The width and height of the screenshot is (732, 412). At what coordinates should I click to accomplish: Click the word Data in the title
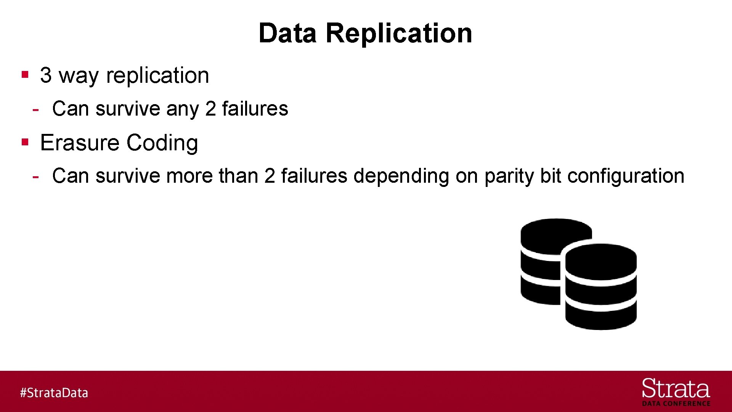pyautogui.click(x=287, y=33)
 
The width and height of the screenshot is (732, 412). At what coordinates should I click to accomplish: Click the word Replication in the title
pyautogui.click(x=399, y=33)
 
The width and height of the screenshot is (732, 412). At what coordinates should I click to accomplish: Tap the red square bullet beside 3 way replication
pyautogui.click(x=25, y=74)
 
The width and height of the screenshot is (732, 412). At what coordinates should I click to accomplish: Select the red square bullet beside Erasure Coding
pyautogui.click(x=25, y=142)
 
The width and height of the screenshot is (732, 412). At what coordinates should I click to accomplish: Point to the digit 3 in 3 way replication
pyautogui.click(x=46, y=75)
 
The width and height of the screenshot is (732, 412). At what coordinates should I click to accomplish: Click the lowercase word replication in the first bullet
pyautogui.click(x=157, y=75)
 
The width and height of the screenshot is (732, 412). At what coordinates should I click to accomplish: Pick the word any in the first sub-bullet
pyautogui.click(x=183, y=109)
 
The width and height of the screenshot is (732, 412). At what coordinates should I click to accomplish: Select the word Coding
pyautogui.click(x=162, y=143)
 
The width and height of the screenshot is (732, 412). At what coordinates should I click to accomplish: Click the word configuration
pyautogui.click(x=626, y=177)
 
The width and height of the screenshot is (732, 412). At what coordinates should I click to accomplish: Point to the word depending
pyautogui.click(x=401, y=177)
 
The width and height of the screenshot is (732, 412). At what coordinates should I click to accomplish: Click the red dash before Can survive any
pyautogui.click(x=35, y=110)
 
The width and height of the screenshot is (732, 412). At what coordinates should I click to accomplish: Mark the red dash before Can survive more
pyautogui.click(x=35, y=177)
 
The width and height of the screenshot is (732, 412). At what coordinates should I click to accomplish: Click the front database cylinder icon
pyautogui.click(x=601, y=287)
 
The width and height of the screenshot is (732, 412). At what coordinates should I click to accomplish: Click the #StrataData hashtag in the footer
pyautogui.click(x=54, y=393)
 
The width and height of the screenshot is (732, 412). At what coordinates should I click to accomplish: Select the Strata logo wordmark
pyautogui.click(x=676, y=389)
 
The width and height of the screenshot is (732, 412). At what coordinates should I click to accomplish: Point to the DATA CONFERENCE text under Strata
pyautogui.click(x=676, y=404)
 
